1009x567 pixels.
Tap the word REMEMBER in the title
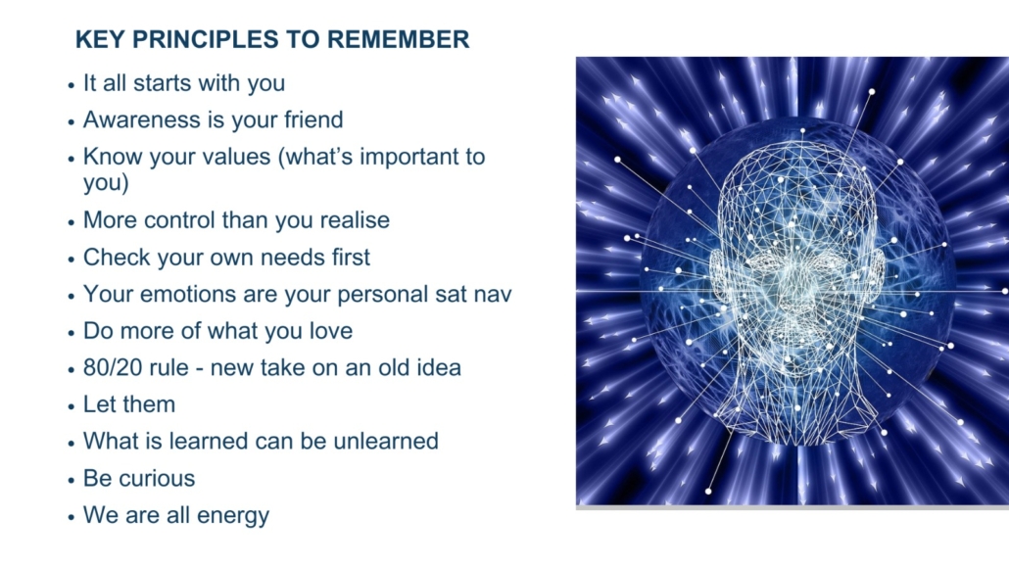click(x=399, y=39)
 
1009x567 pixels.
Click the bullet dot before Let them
click(x=71, y=406)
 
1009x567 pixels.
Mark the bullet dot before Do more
click(x=71, y=333)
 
